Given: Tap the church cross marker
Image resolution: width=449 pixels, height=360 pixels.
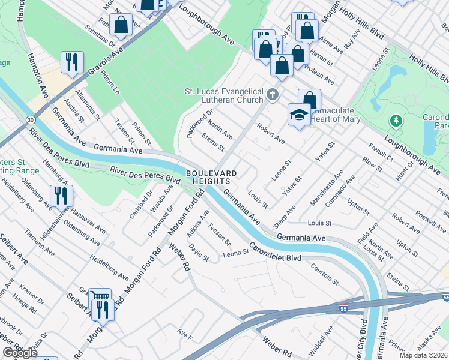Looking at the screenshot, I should (x=273, y=94).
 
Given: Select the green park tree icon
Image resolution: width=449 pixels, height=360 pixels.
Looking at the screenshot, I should (x=396, y=122).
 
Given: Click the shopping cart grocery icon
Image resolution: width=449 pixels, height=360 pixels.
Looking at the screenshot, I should (x=100, y=297).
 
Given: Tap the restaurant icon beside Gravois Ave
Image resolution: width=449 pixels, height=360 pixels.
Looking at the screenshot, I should (x=72, y=62).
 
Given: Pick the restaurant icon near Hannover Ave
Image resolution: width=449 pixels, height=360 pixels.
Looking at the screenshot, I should (x=62, y=196).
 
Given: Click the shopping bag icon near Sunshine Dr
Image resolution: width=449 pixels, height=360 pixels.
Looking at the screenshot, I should (x=121, y=25).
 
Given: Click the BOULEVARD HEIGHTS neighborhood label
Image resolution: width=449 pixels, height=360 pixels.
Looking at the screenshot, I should (x=212, y=177).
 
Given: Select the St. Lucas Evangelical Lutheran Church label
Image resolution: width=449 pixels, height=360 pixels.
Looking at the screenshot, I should (x=224, y=95).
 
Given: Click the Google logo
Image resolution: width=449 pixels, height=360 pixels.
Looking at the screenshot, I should (x=20, y=353).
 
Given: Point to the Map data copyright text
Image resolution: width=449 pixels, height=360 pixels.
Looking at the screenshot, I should (x=424, y=355).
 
